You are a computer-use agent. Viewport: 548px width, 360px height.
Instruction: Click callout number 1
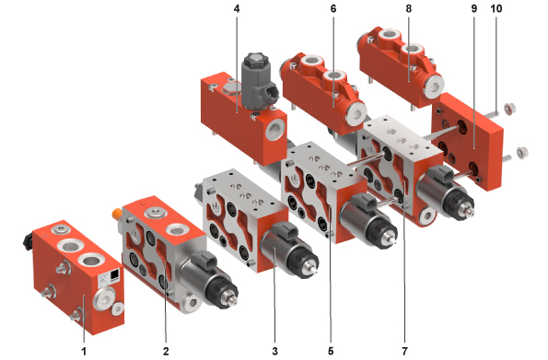84,351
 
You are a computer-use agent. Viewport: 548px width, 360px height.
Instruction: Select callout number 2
166,351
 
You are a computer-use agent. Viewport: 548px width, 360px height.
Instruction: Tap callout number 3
274,351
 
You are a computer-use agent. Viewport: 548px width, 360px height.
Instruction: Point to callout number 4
237,8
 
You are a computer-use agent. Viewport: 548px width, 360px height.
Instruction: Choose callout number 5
331,351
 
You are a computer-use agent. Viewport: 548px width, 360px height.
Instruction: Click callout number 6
333,8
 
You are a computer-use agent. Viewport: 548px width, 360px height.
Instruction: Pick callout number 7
404,351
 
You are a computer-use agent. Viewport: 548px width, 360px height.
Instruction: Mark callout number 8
409,8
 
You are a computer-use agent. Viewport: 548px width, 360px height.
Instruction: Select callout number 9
474,8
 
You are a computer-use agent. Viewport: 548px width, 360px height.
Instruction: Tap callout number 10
496,8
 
